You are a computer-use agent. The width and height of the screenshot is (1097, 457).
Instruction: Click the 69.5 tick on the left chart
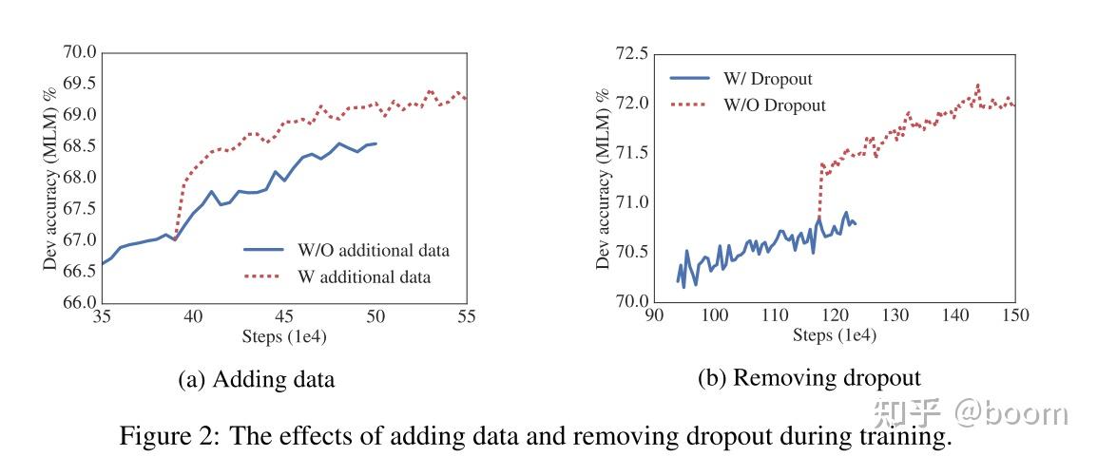(x=80, y=84)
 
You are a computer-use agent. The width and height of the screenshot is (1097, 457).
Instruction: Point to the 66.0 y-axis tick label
(x=80, y=303)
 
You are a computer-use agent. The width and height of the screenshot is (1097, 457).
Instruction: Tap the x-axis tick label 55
(x=467, y=318)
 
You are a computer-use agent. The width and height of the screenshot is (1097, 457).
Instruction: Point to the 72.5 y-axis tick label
(x=629, y=54)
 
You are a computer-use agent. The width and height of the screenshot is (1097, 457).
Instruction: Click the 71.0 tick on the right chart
(x=629, y=202)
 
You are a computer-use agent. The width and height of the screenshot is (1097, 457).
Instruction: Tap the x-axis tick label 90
(x=653, y=316)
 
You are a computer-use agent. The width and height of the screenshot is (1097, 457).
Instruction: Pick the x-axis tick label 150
(x=1014, y=316)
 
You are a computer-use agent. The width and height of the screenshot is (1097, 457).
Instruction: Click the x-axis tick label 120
(x=834, y=316)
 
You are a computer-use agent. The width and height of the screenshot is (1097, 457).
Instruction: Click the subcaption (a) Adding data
(x=257, y=380)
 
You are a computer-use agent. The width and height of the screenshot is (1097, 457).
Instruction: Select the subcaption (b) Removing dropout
(x=809, y=378)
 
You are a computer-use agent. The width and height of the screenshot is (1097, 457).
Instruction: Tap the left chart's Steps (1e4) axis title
(x=283, y=338)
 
